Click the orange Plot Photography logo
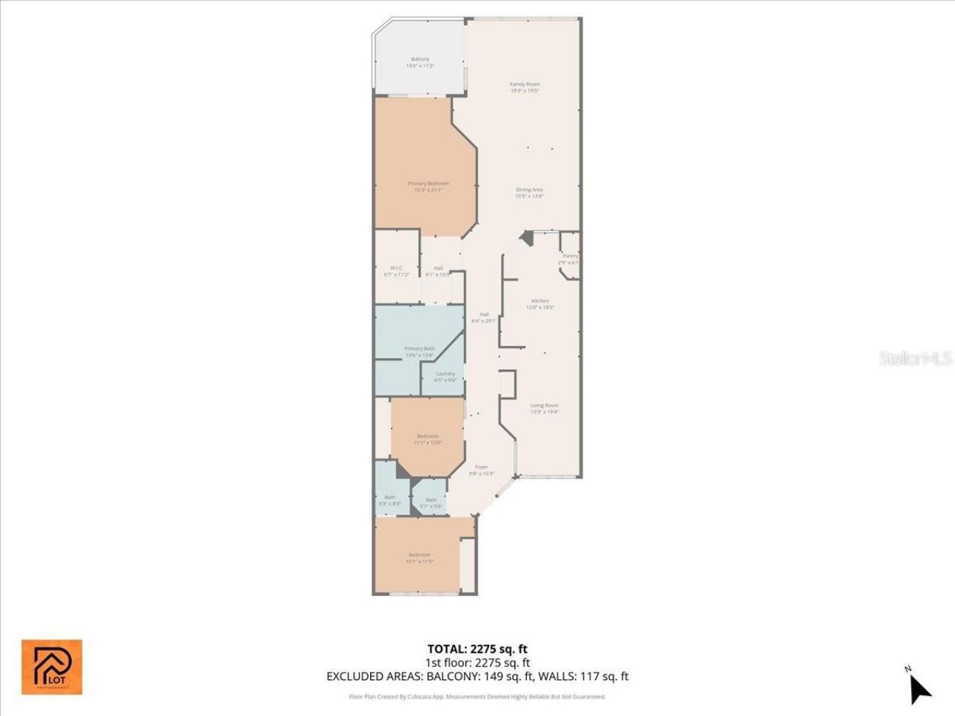(51, 666)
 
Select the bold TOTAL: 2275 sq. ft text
(477, 649)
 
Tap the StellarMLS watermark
(915, 359)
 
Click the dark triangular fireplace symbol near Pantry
(527, 238)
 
